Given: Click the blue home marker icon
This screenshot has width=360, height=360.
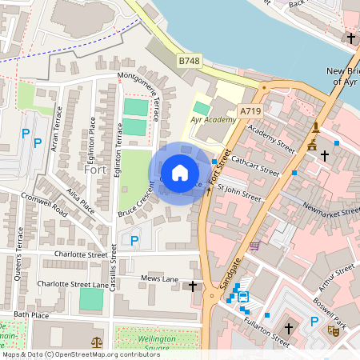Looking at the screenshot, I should [x=180, y=173].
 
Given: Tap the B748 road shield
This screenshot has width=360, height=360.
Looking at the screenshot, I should [x=189, y=61].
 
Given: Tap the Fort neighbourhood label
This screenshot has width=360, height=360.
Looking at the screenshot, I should [x=94, y=170].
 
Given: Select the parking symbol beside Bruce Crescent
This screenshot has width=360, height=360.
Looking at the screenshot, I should [x=134, y=239].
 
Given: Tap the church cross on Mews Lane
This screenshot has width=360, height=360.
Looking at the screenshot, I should [x=192, y=286].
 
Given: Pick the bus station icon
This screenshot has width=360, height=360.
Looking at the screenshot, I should [x=242, y=297].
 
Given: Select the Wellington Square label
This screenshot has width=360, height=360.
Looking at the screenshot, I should [x=145, y=338].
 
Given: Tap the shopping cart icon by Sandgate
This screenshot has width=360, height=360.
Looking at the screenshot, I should [x=255, y=246].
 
